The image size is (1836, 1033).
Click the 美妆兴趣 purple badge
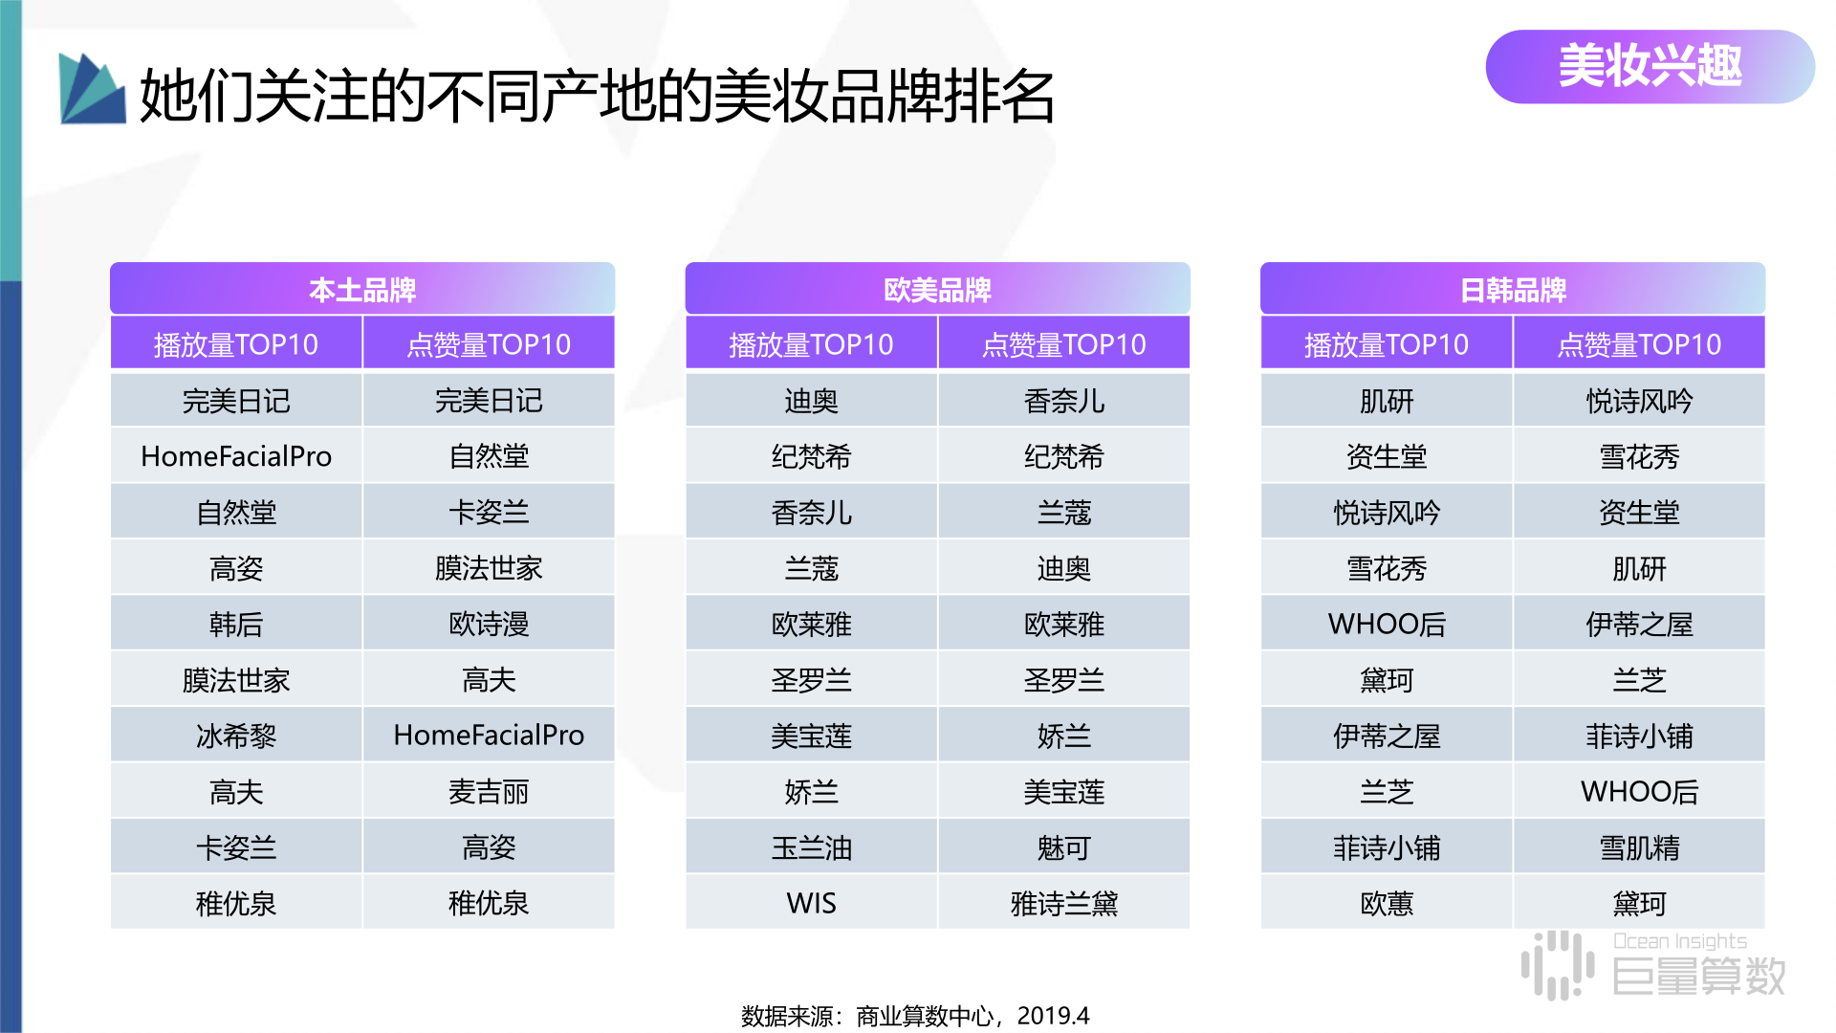pos(1650,66)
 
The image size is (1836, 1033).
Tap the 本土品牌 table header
pos(362,289)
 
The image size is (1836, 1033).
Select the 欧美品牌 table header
pos(937,289)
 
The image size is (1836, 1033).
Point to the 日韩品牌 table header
pos(1513,289)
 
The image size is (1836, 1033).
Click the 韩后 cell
pos(236,624)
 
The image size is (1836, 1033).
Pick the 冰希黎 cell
pos(236,736)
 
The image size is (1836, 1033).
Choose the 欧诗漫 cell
pos(489,624)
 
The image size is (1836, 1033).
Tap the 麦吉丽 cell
pos(489,791)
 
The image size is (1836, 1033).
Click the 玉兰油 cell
pos(811,847)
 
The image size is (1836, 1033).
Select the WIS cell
pos(811,903)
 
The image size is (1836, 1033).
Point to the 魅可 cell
pos(1064,847)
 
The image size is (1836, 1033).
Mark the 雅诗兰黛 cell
pos(1064,903)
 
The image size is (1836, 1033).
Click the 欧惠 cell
pos(1387,903)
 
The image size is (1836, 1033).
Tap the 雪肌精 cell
pos(1639,847)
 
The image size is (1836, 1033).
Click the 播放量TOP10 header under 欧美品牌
pos(811,343)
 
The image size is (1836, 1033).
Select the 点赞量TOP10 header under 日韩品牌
pos(1639,343)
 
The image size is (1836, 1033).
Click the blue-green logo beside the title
pos(92,89)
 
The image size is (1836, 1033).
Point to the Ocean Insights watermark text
pos(1680,941)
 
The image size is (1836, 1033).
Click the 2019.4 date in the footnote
pos(1053,1016)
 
